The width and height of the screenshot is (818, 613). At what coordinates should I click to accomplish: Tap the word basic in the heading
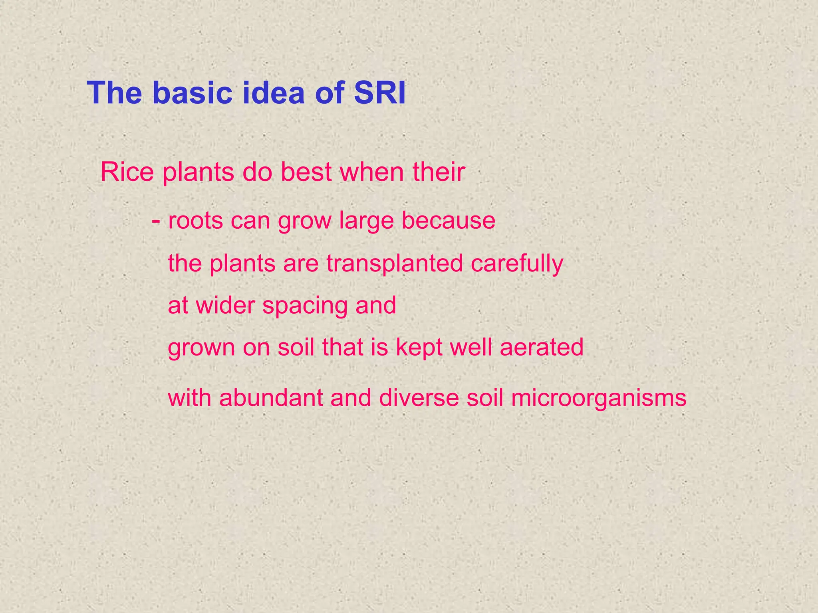point(192,93)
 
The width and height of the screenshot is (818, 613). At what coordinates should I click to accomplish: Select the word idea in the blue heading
point(275,93)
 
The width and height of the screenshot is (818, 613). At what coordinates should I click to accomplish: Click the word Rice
point(127,172)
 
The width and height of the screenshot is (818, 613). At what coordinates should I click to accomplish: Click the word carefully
point(517,264)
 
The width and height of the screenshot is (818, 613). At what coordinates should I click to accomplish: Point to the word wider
point(225,306)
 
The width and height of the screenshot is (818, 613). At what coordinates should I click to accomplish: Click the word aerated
point(542,347)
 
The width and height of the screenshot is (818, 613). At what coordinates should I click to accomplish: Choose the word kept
point(419,347)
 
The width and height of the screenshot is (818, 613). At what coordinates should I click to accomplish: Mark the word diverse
point(419,398)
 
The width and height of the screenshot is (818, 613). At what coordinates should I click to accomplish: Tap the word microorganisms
point(598,399)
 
